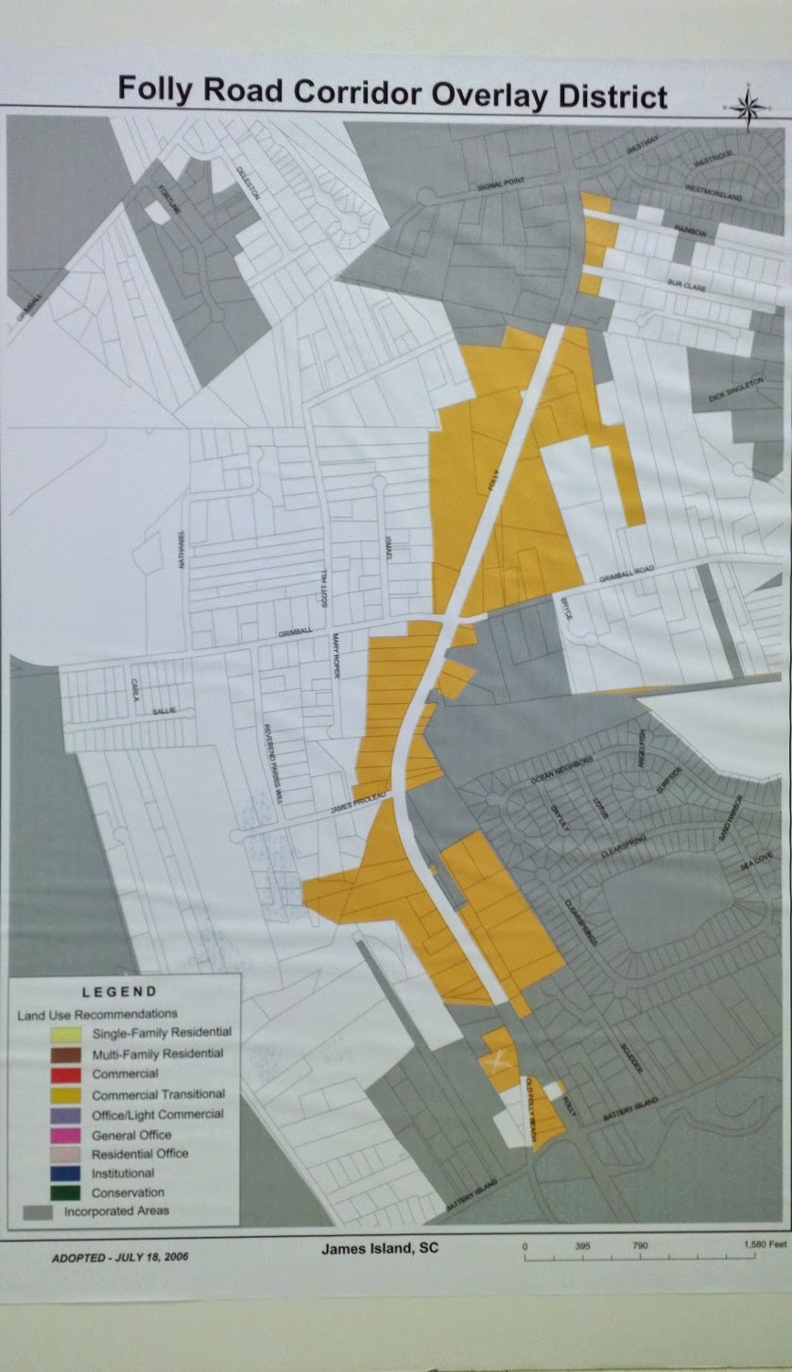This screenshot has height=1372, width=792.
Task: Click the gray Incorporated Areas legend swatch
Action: (39, 1211)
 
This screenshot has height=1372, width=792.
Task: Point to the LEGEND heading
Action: (119, 991)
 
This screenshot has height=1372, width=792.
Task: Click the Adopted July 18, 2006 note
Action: (105, 1259)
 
